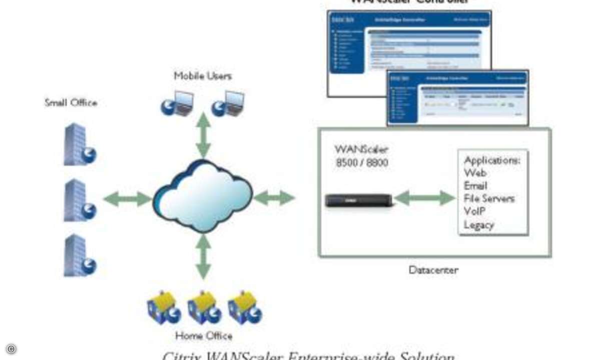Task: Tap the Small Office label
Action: [71, 102]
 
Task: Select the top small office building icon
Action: [78, 144]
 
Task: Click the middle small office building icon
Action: [78, 200]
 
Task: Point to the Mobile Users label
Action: [203, 76]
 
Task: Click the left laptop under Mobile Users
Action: [177, 103]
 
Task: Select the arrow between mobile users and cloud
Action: [203, 135]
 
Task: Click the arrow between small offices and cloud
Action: [127, 199]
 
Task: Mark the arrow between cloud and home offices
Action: [203, 256]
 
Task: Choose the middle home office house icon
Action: [204, 307]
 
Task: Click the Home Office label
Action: [203, 335]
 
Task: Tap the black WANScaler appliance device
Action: [358, 200]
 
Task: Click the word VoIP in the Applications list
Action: [475, 211]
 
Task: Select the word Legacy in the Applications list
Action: [479, 225]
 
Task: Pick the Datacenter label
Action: [433, 270]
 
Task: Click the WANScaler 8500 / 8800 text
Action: [361, 156]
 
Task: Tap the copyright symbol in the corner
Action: [11, 349]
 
